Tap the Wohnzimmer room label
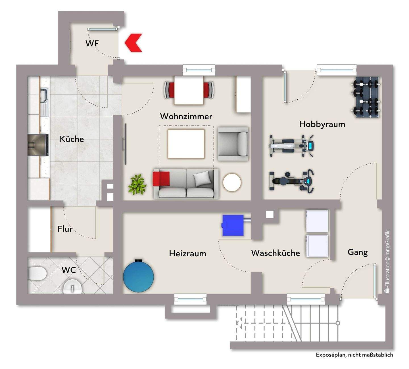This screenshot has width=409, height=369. tap(186, 116)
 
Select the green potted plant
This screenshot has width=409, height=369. tap(137, 184)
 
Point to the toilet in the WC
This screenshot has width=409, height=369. tap(38, 273)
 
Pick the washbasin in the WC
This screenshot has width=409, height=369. tap(72, 286)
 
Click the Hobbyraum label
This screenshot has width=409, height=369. tap(322, 124)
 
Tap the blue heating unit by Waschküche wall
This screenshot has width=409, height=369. tap(233, 225)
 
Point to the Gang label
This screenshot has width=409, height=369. tap(358, 252)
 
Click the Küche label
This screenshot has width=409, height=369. tap(72, 139)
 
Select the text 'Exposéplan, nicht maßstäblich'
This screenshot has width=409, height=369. tap(354, 355)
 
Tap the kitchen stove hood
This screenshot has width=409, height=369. tap(38, 145)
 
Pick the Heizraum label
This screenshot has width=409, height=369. tap(187, 253)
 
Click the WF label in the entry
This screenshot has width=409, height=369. tap(92, 43)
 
